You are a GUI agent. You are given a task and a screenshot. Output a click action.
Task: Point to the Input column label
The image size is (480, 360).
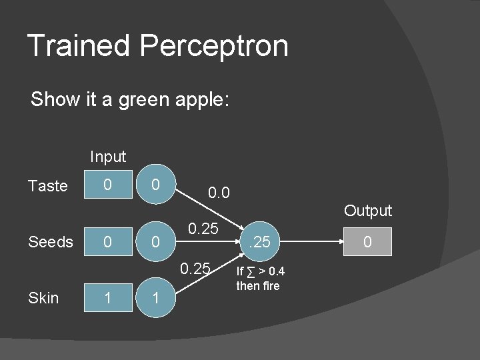click(x=108, y=157)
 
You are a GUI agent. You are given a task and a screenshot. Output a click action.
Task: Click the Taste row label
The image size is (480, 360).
click(x=48, y=186)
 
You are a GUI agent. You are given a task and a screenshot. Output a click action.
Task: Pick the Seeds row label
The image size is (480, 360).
click(x=51, y=242)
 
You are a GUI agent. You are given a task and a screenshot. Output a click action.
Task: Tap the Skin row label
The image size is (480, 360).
click(x=44, y=298)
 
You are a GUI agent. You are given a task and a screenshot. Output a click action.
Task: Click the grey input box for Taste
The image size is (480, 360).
click(x=108, y=185)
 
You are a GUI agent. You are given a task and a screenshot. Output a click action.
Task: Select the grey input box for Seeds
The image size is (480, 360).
click(x=108, y=242)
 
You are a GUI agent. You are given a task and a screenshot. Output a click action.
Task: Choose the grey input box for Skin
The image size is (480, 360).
click(x=108, y=298)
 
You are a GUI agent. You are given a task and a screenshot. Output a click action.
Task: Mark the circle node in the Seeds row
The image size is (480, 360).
click(x=155, y=242)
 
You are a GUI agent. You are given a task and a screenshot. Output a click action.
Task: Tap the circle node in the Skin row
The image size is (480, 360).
click(x=155, y=298)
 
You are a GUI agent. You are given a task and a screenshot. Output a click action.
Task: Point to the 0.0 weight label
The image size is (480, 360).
click(x=219, y=194)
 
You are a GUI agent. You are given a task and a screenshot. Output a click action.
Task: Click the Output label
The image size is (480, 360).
click(x=368, y=211)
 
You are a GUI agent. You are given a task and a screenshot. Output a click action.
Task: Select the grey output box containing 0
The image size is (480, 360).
click(x=367, y=242)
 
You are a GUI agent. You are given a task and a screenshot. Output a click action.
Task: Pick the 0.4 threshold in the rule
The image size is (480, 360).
click(x=275, y=272)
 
